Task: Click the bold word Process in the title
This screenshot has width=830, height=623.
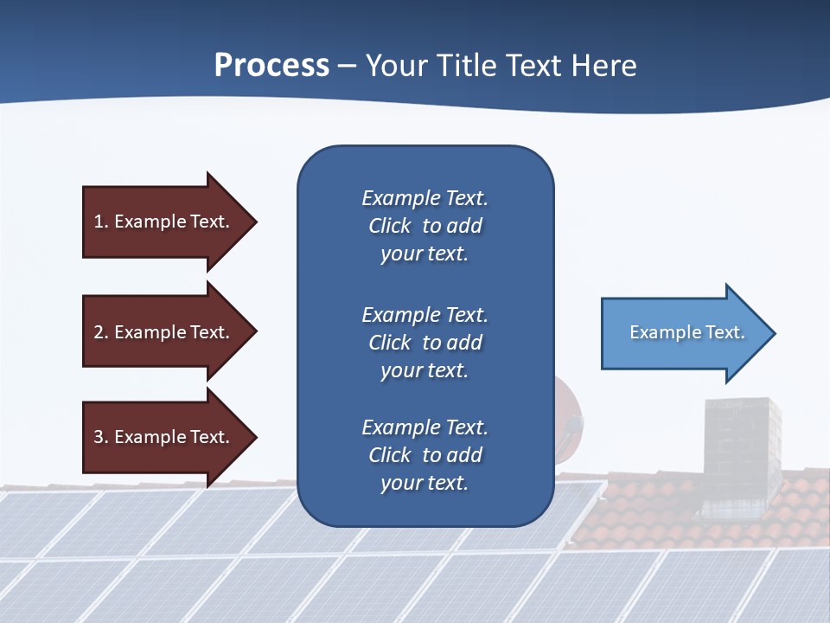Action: coord(271,66)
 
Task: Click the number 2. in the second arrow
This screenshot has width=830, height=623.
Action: coord(101,332)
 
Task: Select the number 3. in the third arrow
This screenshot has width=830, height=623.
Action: coord(101,437)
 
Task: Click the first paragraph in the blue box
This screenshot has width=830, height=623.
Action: coord(425,226)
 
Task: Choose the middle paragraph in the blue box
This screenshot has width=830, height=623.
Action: coord(425,343)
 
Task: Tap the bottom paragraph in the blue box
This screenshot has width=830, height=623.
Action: coord(425,455)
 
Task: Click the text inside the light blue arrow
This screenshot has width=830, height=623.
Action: coord(686,332)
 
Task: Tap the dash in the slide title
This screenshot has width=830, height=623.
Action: coord(347,67)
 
